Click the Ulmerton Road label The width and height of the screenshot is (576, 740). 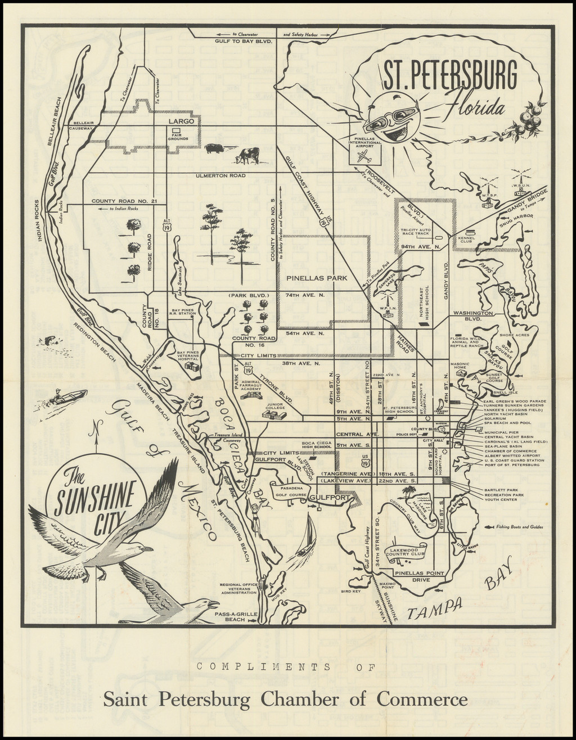coord(220,175)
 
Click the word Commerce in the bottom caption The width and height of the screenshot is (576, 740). coord(422,700)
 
